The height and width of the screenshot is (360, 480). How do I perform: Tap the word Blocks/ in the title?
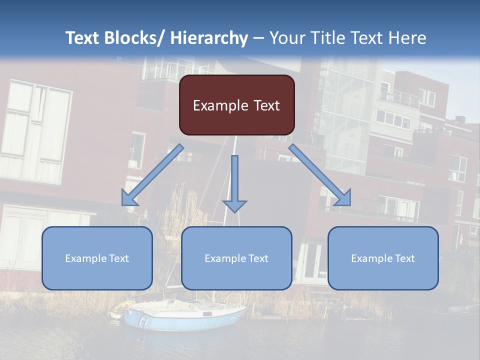(x=133, y=38)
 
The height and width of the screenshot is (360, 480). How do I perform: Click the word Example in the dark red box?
(x=220, y=106)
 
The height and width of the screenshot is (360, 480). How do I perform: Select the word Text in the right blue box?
(x=404, y=258)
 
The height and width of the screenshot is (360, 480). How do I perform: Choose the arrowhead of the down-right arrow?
(x=343, y=198)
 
